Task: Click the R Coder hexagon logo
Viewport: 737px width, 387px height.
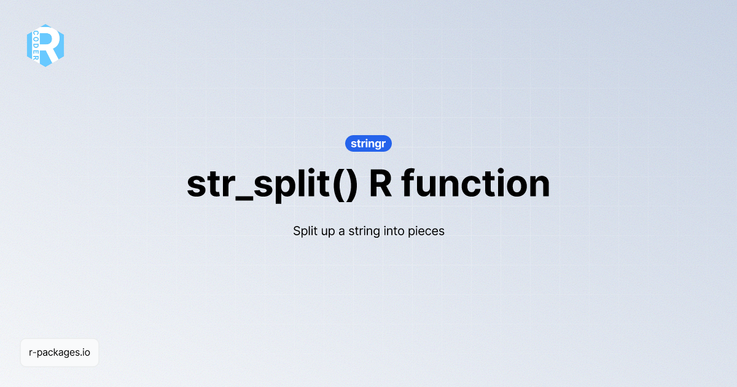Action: pyautogui.click(x=45, y=45)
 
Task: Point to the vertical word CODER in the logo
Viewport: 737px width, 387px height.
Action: pyautogui.click(x=36, y=45)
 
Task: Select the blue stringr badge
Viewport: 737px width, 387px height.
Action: pyautogui.click(x=368, y=144)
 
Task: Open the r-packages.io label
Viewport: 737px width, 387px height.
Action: pyautogui.click(x=60, y=353)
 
